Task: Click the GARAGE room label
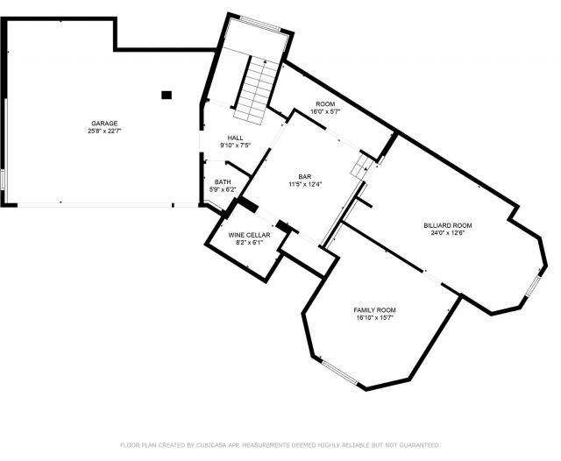tap(104, 124)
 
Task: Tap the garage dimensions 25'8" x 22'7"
tap(104, 131)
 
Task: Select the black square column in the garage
tap(167, 96)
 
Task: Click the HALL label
tap(235, 138)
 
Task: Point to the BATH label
tap(223, 182)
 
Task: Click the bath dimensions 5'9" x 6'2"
tap(223, 189)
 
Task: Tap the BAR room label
tap(305, 177)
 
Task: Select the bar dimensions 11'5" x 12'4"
tap(305, 184)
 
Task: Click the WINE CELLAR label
tap(249, 235)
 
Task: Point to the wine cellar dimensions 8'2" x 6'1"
tap(249, 243)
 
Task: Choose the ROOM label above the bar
tap(325, 104)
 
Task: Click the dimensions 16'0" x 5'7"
tap(325, 111)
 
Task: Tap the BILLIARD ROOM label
tap(448, 225)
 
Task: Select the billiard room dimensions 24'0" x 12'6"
tap(448, 233)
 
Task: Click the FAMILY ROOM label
tap(374, 310)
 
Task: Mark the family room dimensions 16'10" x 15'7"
tap(374, 318)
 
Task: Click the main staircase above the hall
tap(256, 91)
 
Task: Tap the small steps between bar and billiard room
tap(362, 167)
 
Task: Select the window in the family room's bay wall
tap(339, 372)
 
